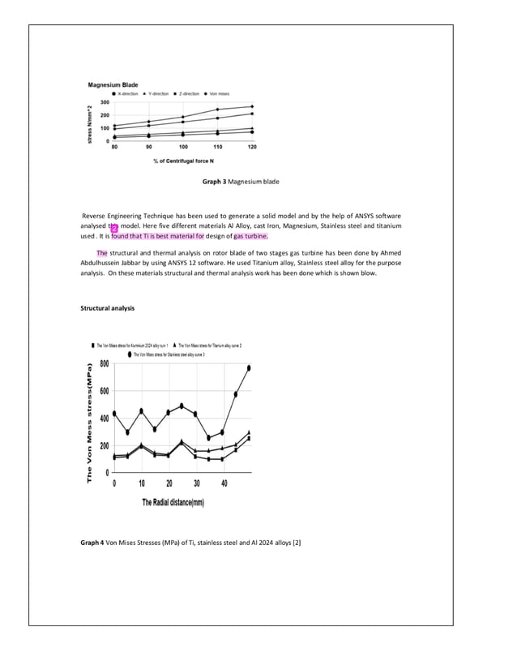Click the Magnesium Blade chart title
[x=113, y=84]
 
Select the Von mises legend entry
[x=218, y=93]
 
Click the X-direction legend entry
[x=129, y=93]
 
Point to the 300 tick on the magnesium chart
[x=105, y=102]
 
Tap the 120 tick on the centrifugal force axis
[x=252, y=147]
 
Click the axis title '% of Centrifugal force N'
[x=183, y=161]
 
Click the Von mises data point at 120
[x=252, y=106]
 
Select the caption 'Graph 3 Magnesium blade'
[x=241, y=182]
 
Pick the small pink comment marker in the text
[x=114, y=228]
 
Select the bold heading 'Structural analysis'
[x=108, y=308]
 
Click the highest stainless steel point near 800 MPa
[x=249, y=367]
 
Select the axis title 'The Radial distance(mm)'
[x=173, y=503]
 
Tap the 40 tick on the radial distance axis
[x=224, y=483]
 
